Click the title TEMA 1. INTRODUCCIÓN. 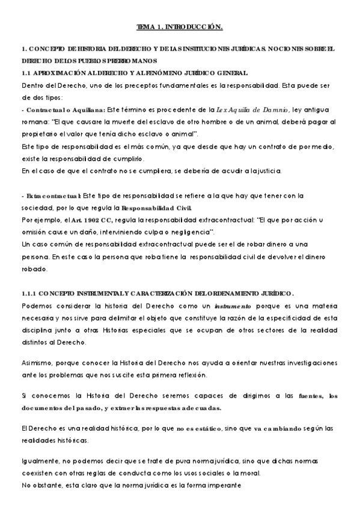click(180, 27)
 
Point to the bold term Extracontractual click(50, 195)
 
